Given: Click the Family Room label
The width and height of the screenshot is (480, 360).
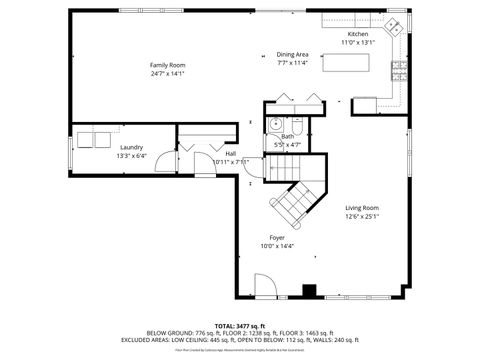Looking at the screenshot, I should point(168,65).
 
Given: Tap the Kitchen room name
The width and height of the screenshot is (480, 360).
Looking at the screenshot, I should point(357,34).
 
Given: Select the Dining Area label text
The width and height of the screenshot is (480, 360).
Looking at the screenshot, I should point(293,54).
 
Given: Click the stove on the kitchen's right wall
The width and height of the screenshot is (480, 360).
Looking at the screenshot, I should point(398,71).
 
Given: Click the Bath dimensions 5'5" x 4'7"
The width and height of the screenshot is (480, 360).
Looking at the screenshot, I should point(287,145).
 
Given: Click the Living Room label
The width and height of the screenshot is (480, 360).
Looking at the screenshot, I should point(362,208).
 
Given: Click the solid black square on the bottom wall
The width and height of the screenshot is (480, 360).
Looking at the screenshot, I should point(309,291).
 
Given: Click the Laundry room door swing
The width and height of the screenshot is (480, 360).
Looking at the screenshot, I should point(190,142).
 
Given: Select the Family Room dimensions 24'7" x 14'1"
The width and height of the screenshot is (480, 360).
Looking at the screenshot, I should point(168,73).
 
